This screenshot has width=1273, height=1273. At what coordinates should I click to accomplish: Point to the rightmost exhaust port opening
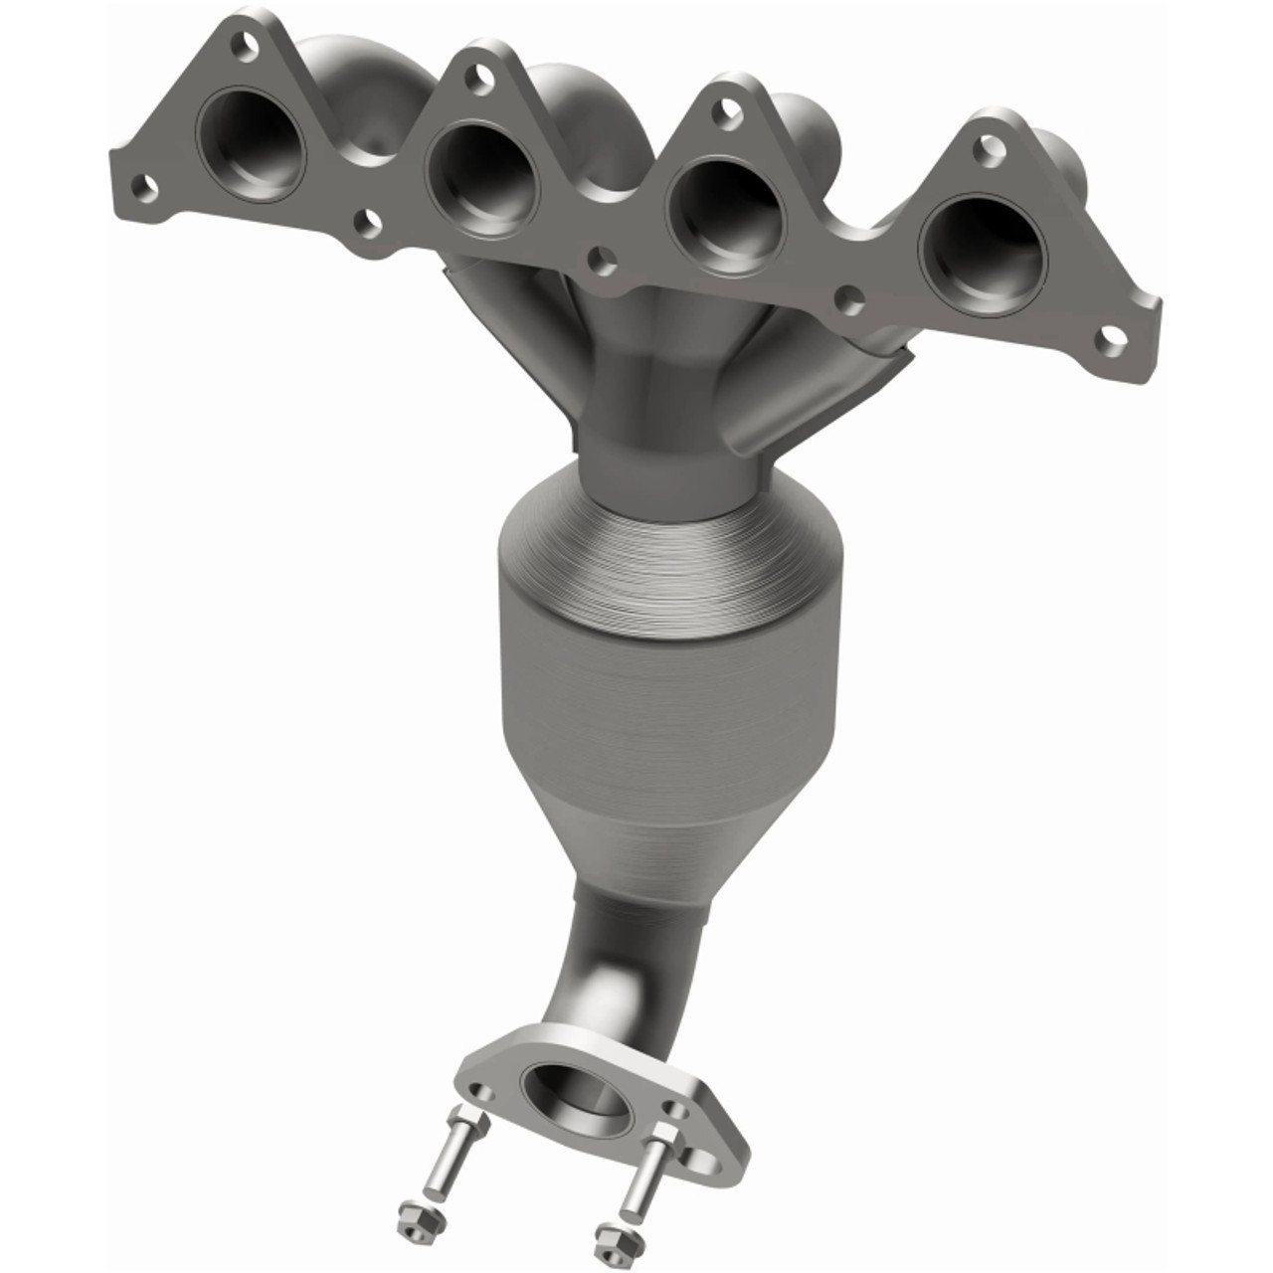tap(984, 249)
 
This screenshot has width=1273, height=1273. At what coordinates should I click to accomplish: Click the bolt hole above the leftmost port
tap(238, 44)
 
